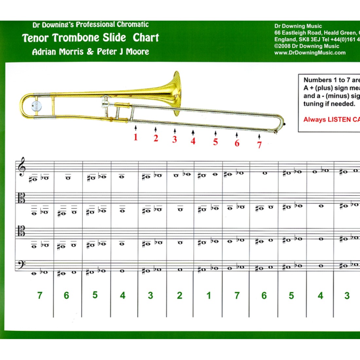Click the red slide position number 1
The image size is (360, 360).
135,137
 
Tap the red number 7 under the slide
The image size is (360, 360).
259,145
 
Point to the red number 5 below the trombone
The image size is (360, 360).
215,142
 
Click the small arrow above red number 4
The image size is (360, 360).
193,132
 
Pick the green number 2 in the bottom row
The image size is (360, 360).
179,296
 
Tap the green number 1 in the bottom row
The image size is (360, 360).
208,296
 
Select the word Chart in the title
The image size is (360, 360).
146,38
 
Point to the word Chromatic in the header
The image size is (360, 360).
133,25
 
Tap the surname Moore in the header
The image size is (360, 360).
137,52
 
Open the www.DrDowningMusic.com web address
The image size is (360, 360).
310,53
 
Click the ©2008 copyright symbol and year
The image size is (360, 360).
285,46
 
